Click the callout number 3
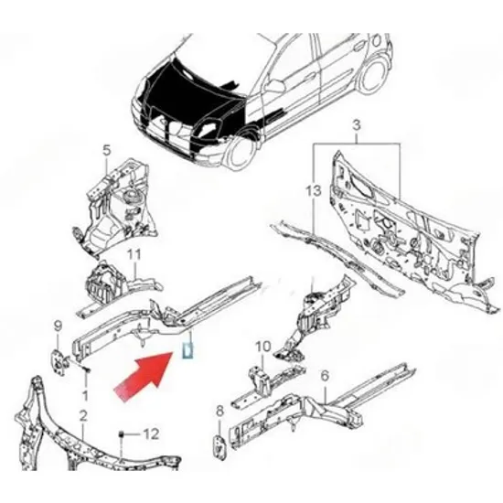[x=357, y=125]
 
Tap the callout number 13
[x=313, y=191]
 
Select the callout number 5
[x=106, y=150]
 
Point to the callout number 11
[x=134, y=255]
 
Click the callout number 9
[x=58, y=326]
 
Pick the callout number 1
[x=85, y=395]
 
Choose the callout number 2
[x=83, y=416]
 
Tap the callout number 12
[x=151, y=434]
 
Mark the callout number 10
[x=263, y=347]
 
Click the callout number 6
[x=325, y=376]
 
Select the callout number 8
[x=219, y=412]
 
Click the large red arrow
[x=144, y=376]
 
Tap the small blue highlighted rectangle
[x=187, y=350]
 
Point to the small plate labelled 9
[x=59, y=363]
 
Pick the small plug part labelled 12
[x=122, y=434]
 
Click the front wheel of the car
[x=239, y=151]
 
